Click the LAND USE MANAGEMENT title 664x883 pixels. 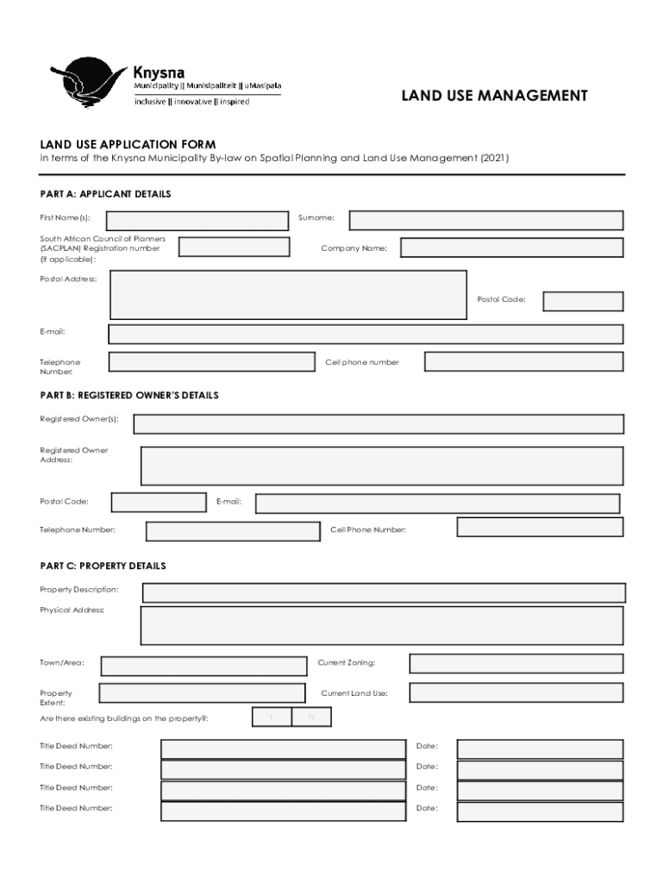point(494,96)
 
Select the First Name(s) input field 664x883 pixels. point(197,221)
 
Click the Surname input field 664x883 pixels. point(485,221)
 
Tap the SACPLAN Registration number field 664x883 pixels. point(234,247)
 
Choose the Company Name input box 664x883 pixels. point(511,247)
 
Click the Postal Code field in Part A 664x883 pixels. point(583,301)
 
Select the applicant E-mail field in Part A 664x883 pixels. point(366,334)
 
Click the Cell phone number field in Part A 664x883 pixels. point(523,361)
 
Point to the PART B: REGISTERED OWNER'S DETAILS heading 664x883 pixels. point(129,395)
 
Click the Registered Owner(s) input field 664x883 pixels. point(379,423)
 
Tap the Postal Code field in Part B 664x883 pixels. point(158,502)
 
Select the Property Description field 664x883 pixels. point(384,592)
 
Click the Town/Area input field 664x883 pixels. point(204,666)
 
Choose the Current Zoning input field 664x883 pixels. point(516,663)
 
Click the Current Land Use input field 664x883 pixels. point(516,692)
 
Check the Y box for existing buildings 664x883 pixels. point(272,717)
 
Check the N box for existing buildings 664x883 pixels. point(311,717)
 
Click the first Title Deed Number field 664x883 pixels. point(283,748)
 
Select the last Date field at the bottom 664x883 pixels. point(540,811)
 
